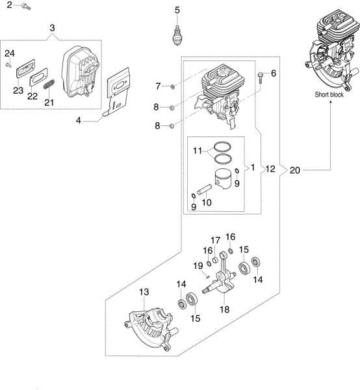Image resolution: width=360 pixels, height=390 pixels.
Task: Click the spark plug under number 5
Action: point(177,35)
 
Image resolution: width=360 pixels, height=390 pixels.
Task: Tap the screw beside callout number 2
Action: point(26,6)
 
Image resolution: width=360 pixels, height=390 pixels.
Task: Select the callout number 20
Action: point(295,170)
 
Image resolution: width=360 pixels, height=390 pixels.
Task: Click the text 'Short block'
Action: point(329,94)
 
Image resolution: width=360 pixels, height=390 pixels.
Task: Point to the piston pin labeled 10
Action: point(204,189)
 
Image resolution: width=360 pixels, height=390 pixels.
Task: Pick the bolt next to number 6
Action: point(261,77)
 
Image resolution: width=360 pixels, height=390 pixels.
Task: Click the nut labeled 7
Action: point(173,86)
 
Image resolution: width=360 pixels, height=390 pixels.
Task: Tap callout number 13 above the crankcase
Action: point(144,292)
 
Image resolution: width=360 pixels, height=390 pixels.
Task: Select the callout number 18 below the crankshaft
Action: point(224,309)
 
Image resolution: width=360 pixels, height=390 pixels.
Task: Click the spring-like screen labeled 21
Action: point(49,84)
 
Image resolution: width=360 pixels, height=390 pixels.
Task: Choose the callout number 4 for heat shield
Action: point(79,121)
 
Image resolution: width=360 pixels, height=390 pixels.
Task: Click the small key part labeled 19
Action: point(207,276)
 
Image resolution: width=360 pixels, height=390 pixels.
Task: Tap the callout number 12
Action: point(270,169)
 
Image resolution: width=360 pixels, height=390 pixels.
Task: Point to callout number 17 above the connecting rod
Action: point(215,240)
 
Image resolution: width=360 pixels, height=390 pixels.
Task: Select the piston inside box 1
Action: point(223,178)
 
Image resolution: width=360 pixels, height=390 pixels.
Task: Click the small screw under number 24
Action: point(8,65)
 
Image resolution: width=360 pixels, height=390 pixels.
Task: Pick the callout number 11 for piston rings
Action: point(198,151)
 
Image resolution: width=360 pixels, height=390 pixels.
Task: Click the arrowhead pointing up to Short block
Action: point(331,103)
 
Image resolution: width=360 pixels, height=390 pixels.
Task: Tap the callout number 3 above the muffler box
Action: point(52,28)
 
